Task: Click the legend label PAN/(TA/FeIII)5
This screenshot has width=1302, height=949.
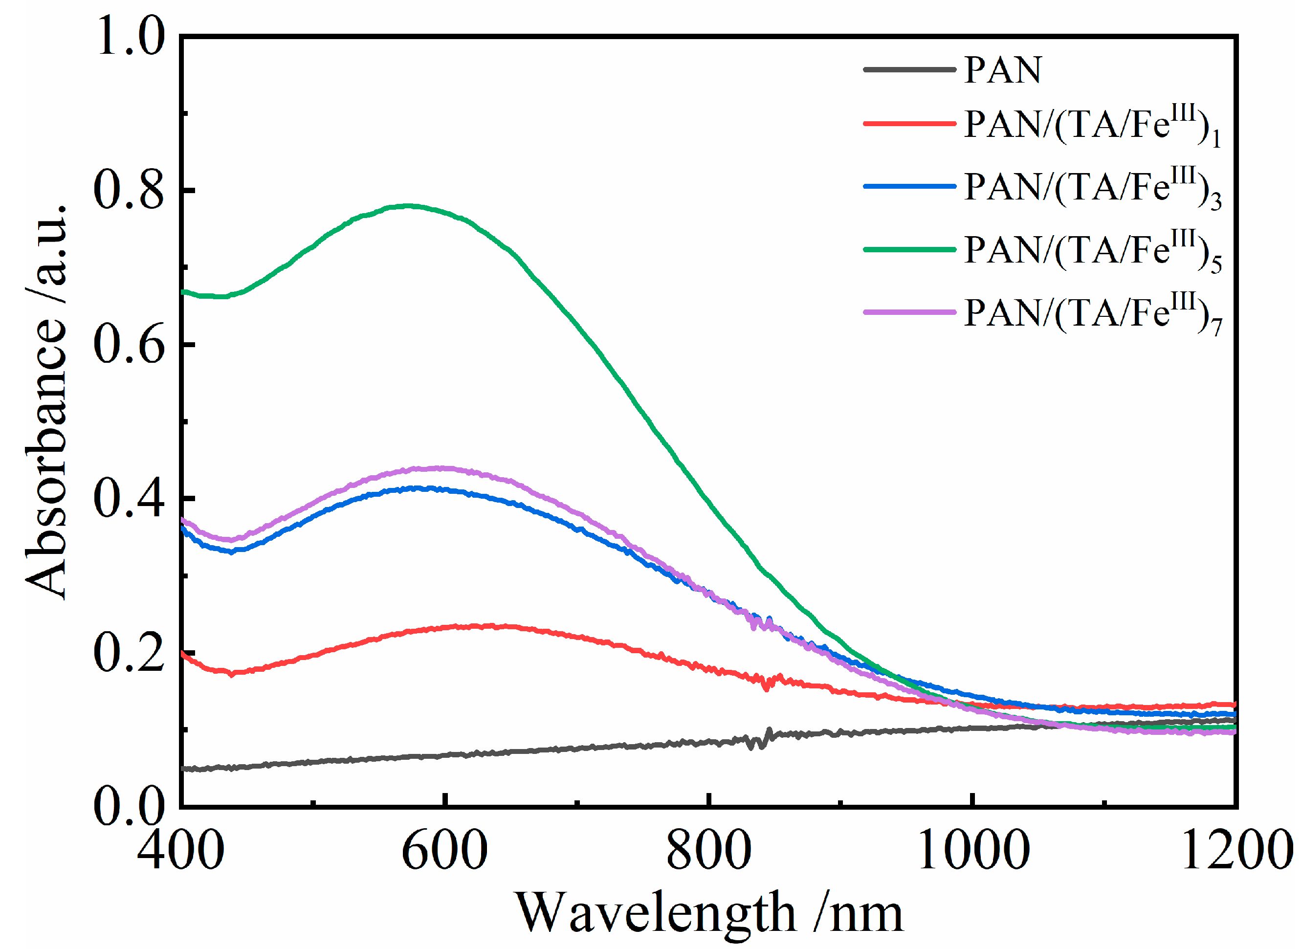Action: [x=1091, y=251]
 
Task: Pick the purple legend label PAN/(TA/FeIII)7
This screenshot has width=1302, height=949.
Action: [x=1091, y=314]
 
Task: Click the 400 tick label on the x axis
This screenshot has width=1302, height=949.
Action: [x=180, y=850]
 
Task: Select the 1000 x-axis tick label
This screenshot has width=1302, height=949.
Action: [x=973, y=850]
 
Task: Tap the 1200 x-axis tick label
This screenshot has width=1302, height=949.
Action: [x=1235, y=850]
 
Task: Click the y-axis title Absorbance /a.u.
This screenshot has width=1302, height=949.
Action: [x=46, y=402]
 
